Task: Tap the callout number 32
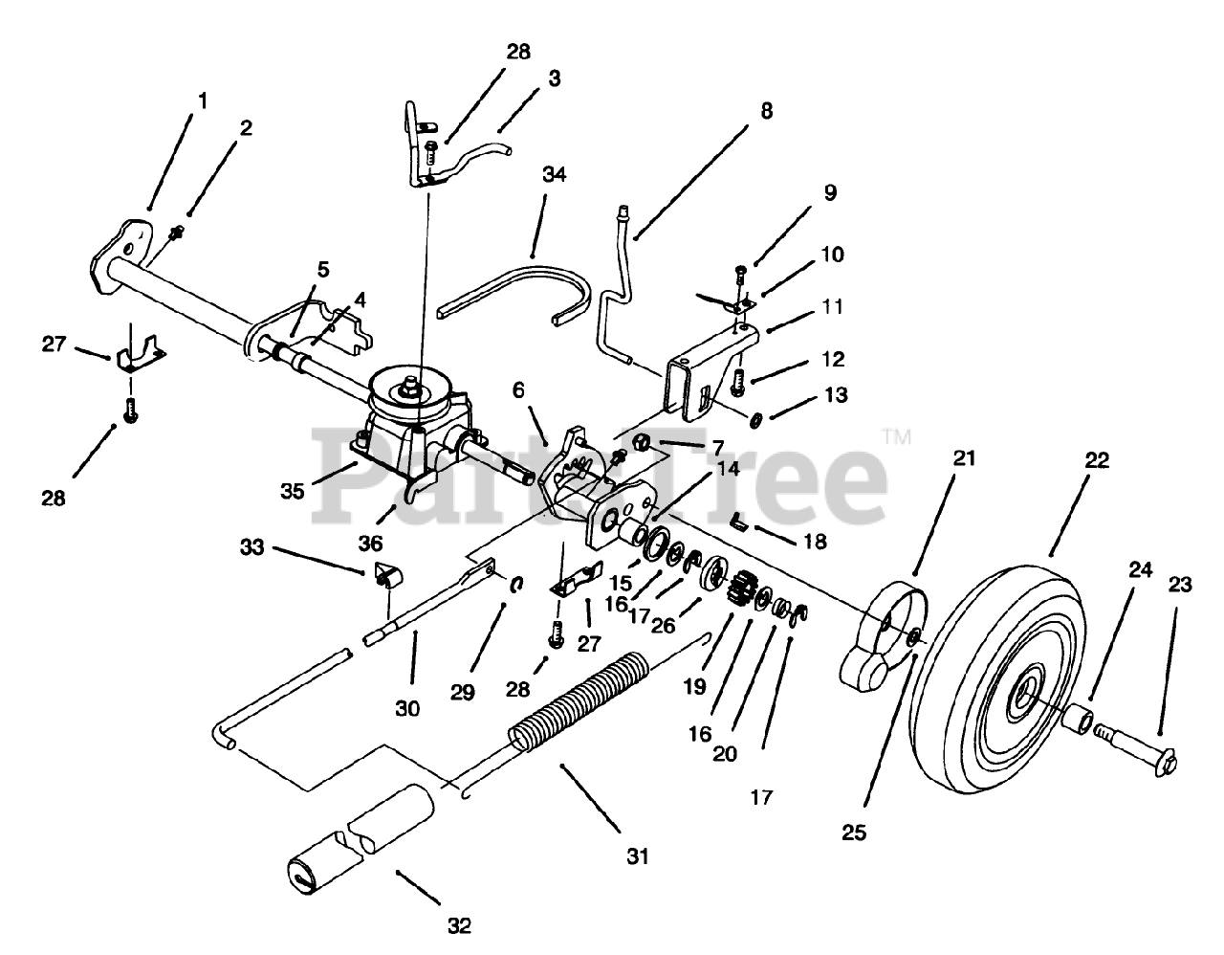459,925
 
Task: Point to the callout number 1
203,99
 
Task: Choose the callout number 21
963,458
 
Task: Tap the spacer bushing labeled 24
1078,718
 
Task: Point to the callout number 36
370,543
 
